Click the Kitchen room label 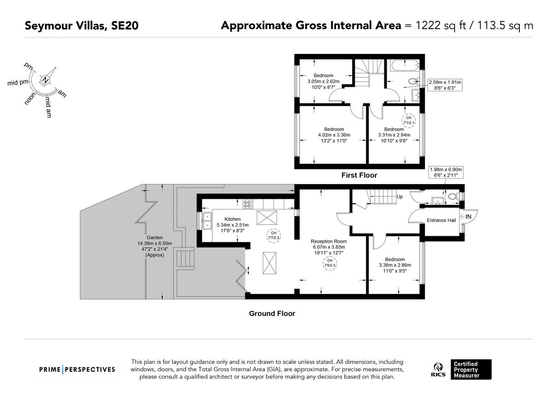pyautogui.click(x=232, y=219)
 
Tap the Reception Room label pyautogui.click(x=329, y=241)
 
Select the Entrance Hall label pyautogui.click(x=441, y=220)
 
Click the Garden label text pyautogui.click(x=154, y=238)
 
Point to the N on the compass pyautogui.click(x=45, y=80)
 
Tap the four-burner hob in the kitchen pyautogui.click(x=247, y=204)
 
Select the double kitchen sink pyautogui.click(x=207, y=221)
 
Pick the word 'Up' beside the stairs pyautogui.click(x=400, y=197)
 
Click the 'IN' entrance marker pyautogui.click(x=468, y=217)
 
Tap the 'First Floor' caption pyautogui.click(x=359, y=175)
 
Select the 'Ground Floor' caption pyautogui.click(x=272, y=313)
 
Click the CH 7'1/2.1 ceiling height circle pyautogui.click(x=409, y=120)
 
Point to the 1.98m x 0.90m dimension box pyautogui.click(x=446, y=172)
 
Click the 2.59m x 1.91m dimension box pyautogui.click(x=445, y=85)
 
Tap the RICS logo pyautogui.click(x=438, y=370)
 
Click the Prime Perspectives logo pyautogui.click(x=77, y=370)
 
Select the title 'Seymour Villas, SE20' pyautogui.click(x=82, y=26)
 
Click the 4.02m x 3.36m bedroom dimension pyautogui.click(x=334, y=135)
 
